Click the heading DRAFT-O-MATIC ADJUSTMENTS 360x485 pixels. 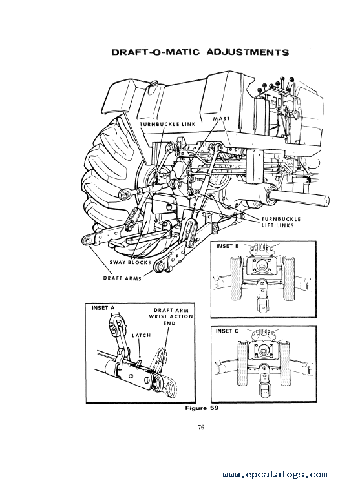[x=200, y=52]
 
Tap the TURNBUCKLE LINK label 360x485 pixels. [x=168, y=124]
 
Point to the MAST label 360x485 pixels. [x=221, y=118]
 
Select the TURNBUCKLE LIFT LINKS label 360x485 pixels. [x=281, y=222]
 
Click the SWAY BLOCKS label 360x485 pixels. [x=130, y=262]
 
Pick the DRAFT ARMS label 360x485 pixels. [x=122, y=278]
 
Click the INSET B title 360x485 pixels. [x=228, y=246]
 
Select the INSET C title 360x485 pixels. [x=228, y=331]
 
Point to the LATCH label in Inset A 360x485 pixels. [x=141, y=335]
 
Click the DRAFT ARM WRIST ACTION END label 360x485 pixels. [x=171, y=316]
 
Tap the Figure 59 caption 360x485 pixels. [x=202, y=408]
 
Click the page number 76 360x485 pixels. [x=201, y=428]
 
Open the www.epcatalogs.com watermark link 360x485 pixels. [x=275, y=475]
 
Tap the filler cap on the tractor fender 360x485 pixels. [x=152, y=84]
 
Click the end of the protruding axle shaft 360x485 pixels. [x=325, y=200]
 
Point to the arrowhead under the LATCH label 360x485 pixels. [x=140, y=358]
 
